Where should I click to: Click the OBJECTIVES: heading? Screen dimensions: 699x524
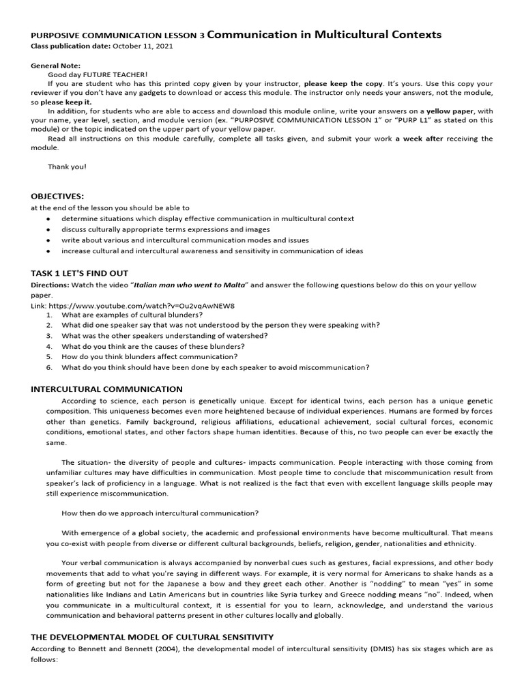(57, 195)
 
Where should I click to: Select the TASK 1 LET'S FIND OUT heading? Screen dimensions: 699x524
(79, 273)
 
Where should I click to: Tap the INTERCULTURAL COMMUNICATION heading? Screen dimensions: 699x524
(106, 388)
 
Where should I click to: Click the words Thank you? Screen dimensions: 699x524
(67, 167)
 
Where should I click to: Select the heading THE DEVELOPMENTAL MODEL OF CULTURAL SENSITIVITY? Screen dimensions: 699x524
(152, 636)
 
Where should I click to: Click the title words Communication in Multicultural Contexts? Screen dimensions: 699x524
(323, 34)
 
